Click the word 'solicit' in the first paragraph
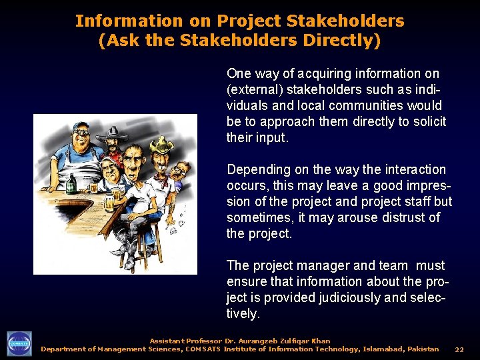tap(428, 121)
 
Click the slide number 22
tap(459, 349)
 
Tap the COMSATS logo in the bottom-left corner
tap(19, 344)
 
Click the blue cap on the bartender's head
tap(81, 127)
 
